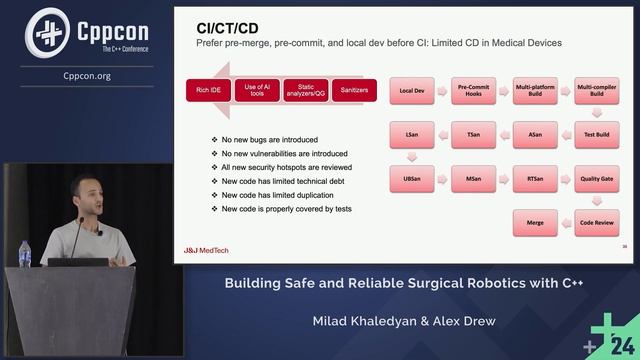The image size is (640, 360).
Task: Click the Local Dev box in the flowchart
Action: pos(412,90)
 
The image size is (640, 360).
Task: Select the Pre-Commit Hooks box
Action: pos(473,90)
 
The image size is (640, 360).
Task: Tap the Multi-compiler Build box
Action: pos(597,90)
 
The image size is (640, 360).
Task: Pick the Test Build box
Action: pos(597,133)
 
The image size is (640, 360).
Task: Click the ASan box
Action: pos(535,133)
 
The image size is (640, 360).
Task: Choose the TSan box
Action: pos(473,133)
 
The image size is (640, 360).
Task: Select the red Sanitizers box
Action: pos(353,90)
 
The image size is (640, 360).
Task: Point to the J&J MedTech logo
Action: pos(207,249)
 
